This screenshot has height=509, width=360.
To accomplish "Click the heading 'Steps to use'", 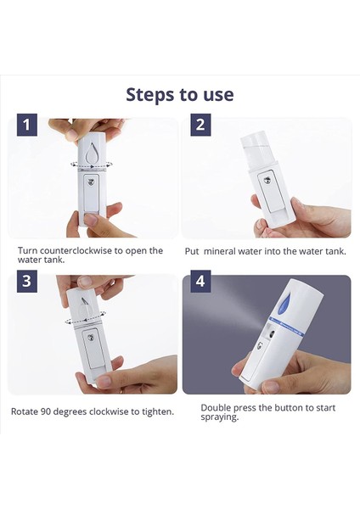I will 179,94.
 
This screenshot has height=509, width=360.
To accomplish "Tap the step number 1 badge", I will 28,126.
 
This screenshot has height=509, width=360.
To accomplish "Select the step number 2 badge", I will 200,126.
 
